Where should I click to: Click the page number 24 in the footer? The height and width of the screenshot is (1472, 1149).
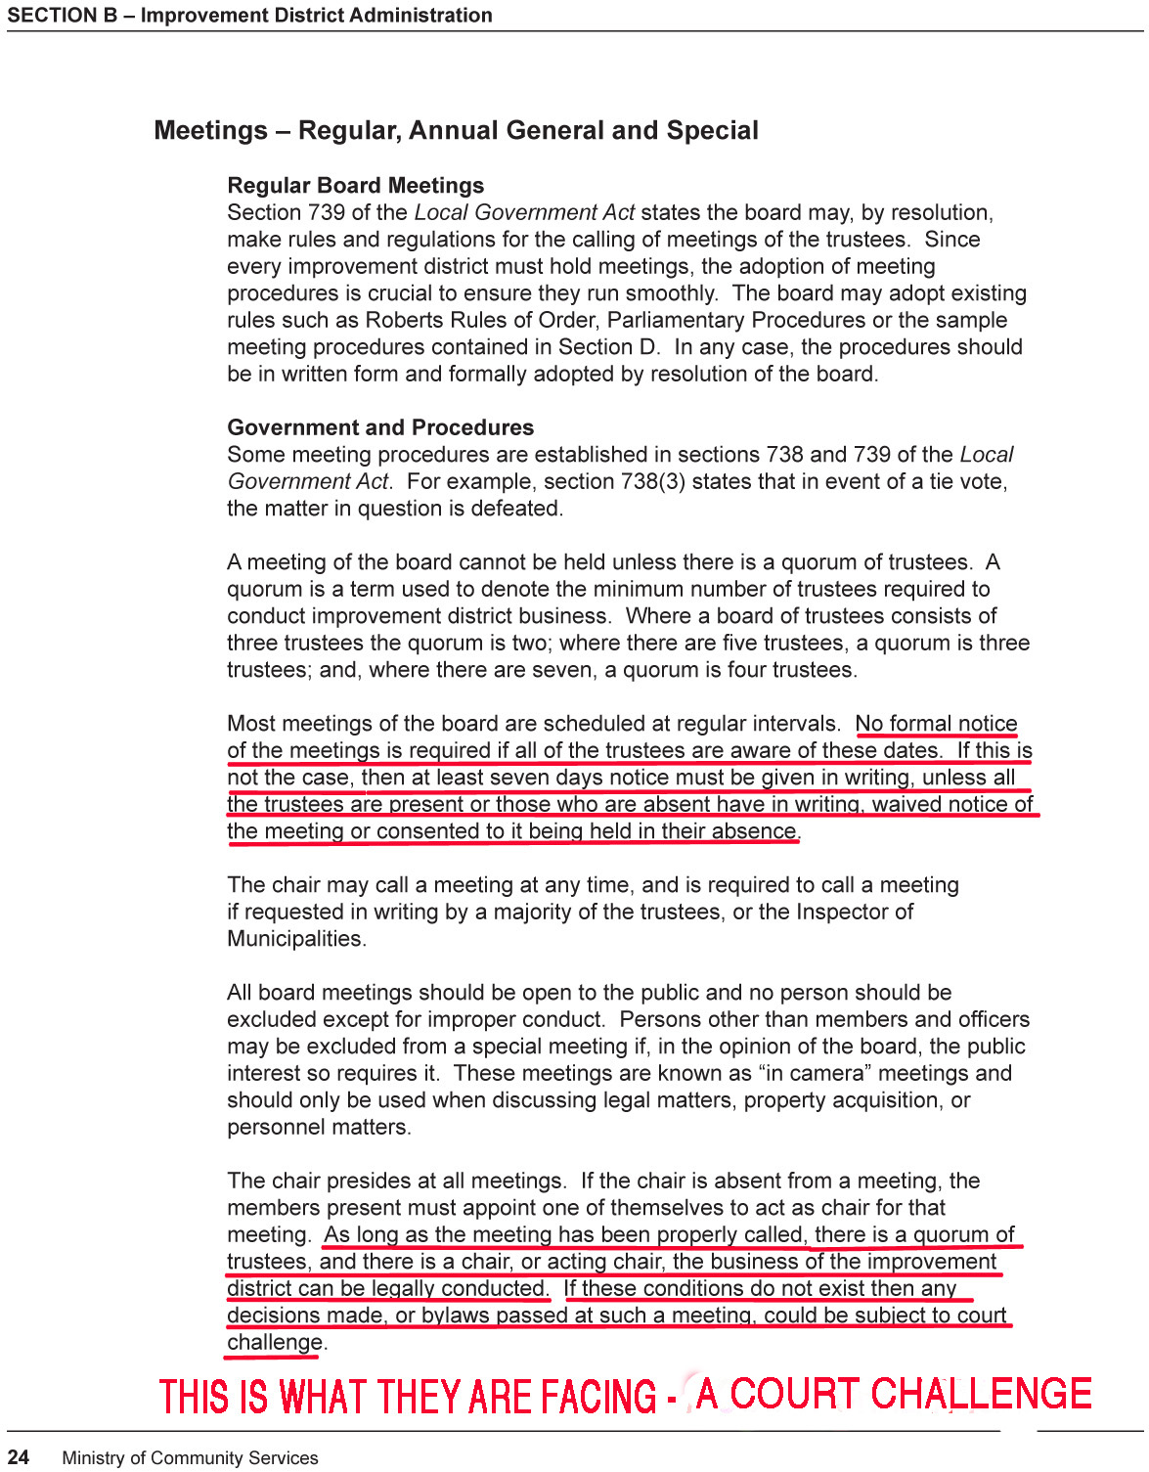(19, 1457)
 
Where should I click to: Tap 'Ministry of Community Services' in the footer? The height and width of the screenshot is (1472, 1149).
(190, 1457)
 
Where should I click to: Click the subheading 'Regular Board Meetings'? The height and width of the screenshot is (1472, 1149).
(355, 186)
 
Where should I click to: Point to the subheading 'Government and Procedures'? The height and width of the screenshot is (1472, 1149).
(380, 427)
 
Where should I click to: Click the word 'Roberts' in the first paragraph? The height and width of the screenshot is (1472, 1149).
(404, 320)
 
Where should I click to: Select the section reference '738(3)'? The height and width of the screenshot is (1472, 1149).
(652, 481)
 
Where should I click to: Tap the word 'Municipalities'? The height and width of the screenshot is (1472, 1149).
(295, 939)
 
